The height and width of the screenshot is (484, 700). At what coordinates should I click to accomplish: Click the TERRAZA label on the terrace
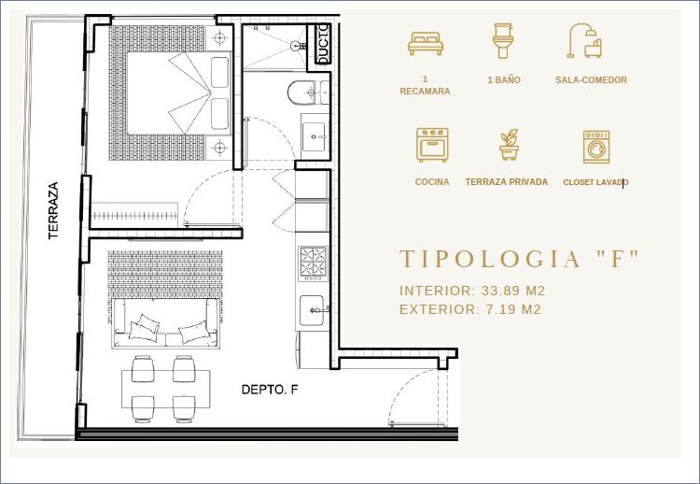53,210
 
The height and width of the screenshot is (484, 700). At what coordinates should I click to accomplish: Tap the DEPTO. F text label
270,390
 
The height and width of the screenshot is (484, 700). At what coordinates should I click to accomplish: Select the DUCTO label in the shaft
323,44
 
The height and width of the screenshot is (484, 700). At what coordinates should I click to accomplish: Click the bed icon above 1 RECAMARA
426,43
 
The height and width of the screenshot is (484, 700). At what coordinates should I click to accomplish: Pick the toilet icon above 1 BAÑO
503,41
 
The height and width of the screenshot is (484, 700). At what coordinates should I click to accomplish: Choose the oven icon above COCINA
432,145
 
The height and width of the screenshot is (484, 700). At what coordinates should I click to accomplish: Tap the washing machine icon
596,147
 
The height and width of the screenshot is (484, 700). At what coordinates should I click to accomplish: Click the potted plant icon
509,144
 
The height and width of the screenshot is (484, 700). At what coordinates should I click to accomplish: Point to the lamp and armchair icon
585,41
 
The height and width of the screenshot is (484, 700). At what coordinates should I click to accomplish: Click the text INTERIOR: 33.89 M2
472,291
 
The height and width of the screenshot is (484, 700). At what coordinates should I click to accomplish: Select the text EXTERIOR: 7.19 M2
470,309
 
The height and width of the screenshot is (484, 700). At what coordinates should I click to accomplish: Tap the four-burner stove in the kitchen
313,263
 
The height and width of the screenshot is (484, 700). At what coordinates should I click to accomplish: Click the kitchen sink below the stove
312,310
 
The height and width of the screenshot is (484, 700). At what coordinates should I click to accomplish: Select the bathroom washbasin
315,135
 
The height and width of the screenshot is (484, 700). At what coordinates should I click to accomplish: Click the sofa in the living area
165,323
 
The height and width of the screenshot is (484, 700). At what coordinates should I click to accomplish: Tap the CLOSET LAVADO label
595,182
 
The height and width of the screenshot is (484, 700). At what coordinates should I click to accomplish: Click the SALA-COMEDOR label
591,80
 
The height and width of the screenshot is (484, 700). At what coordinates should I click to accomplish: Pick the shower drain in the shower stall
296,46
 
